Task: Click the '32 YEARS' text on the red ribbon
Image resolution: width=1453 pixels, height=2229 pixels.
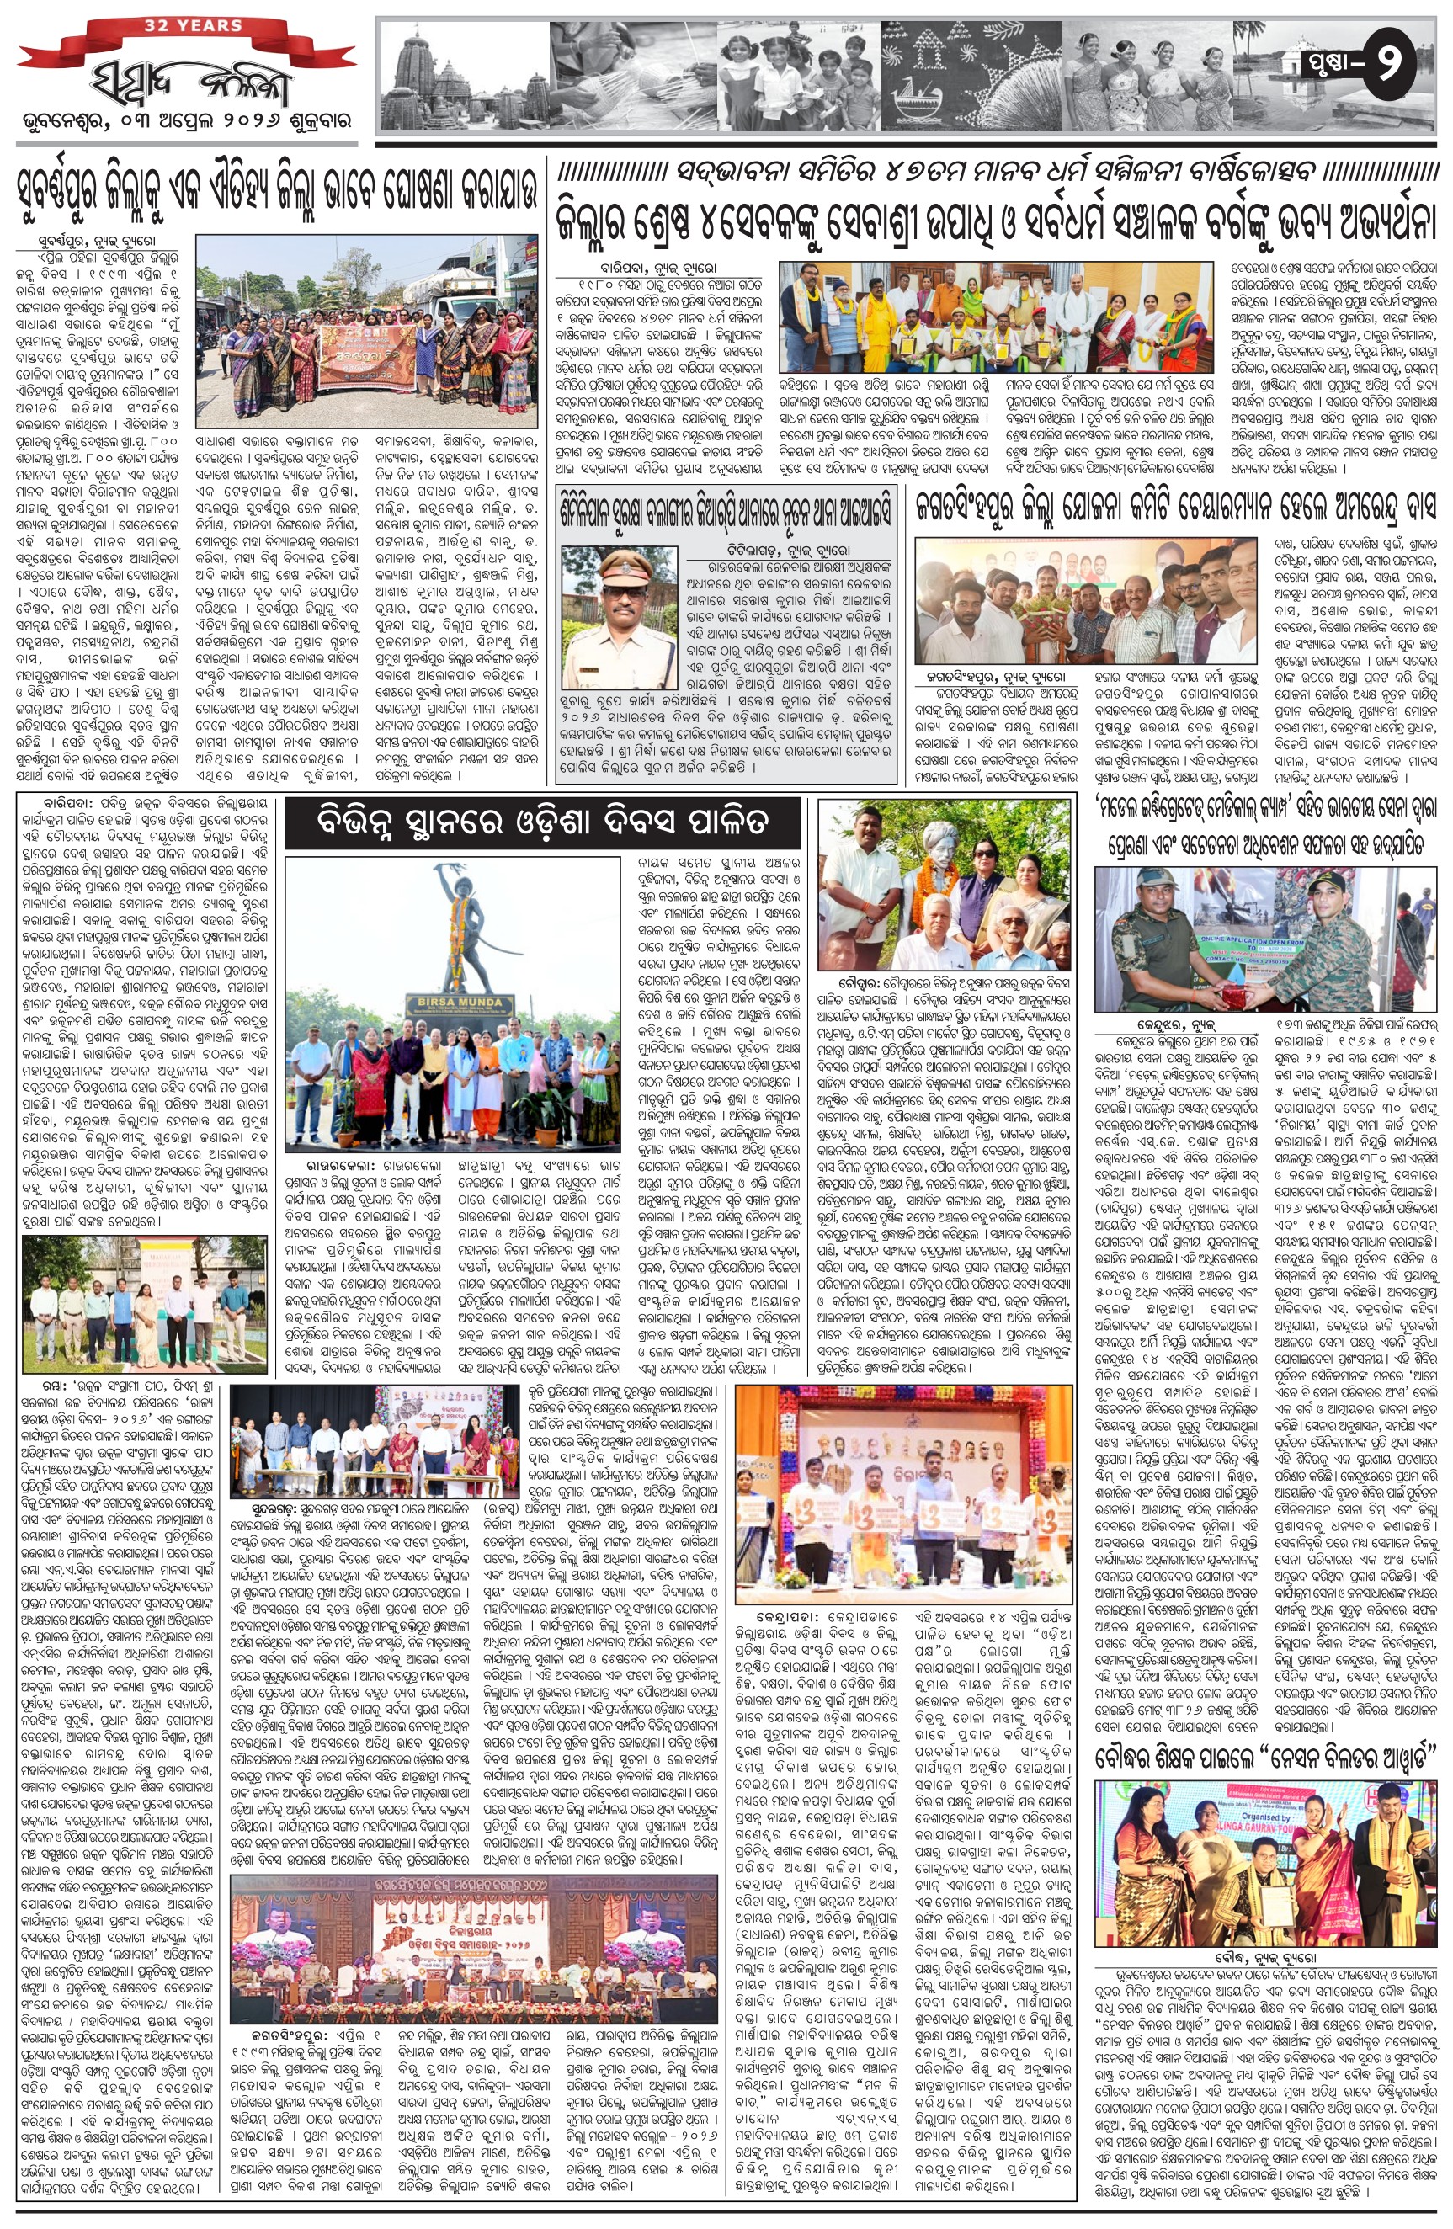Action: (193, 25)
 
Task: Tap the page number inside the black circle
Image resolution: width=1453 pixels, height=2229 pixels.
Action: (1393, 63)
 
